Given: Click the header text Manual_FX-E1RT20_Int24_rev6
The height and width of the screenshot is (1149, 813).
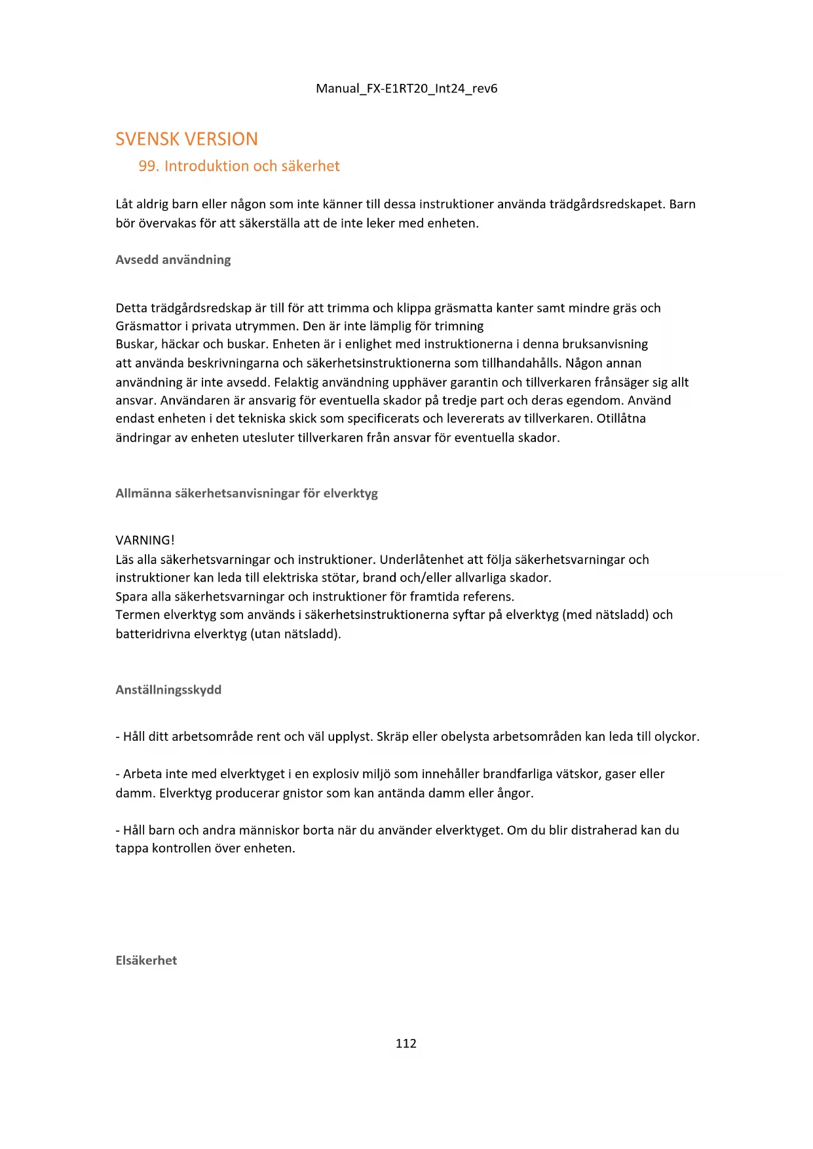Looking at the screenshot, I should [406, 88].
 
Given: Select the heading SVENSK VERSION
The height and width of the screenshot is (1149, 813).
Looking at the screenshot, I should [187, 139].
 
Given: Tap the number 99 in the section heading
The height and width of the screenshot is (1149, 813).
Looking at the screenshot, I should [147, 166].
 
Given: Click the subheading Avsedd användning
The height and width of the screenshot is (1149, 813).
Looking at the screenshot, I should [173, 259].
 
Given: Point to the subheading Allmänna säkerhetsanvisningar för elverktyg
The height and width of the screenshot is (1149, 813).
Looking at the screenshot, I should [246, 493].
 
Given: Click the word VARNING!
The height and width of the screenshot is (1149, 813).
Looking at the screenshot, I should [145, 540].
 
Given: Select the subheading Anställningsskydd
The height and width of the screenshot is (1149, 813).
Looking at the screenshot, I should [168, 690].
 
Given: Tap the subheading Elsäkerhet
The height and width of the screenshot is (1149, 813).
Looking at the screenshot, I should [146, 960].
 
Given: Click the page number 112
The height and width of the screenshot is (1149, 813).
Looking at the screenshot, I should [406, 1044].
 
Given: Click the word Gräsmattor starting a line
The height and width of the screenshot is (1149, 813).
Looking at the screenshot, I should [148, 326].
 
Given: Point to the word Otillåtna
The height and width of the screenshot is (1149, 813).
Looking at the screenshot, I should [620, 419].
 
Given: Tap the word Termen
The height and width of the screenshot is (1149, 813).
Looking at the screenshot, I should [137, 615].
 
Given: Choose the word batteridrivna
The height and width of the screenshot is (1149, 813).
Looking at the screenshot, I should [153, 634].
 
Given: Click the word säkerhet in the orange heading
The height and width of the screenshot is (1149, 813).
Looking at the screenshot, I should [311, 166].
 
